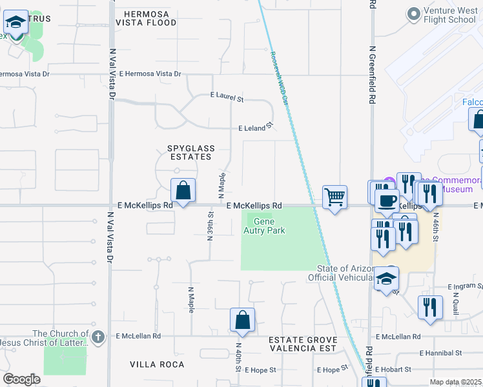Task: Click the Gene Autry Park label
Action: click(x=265, y=226)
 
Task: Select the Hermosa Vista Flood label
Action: click(x=146, y=18)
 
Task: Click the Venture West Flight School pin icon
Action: click(x=413, y=14)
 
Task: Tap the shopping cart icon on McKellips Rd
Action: click(x=334, y=197)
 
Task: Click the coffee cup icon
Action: click(x=386, y=201)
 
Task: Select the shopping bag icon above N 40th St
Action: click(x=242, y=320)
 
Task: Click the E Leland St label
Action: click(x=256, y=128)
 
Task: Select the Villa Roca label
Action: click(x=157, y=364)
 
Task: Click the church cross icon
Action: click(x=98, y=336)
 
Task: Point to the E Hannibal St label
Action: click(x=440, y=353)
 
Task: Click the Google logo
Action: click(x=21, y=379)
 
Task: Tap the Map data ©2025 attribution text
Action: click(x=455, y=382)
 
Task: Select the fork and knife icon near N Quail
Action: click(x=429, y=307)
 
